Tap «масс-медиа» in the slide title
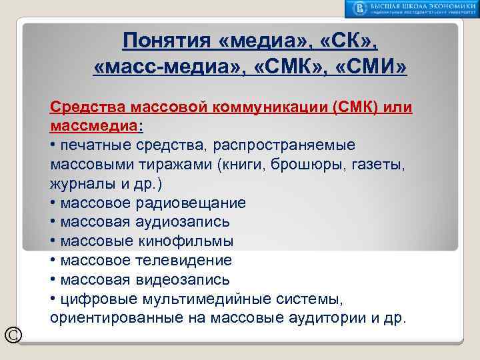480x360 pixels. tap(164, 68)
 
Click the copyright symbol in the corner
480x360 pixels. tap(12, 334)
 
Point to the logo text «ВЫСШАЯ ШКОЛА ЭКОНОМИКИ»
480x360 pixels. tap(421, 5)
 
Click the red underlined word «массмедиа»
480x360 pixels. tap(90, 126)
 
